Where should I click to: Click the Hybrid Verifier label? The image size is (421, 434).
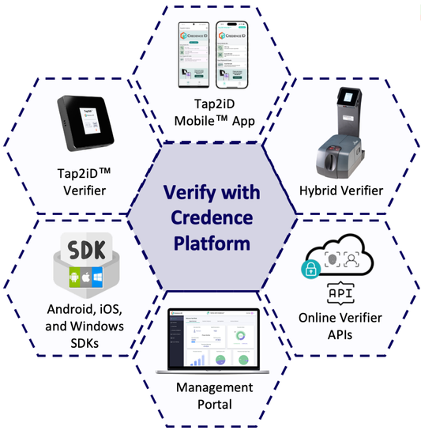(x=342, y=191)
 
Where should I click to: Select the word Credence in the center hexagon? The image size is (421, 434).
(x=211, y=217)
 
